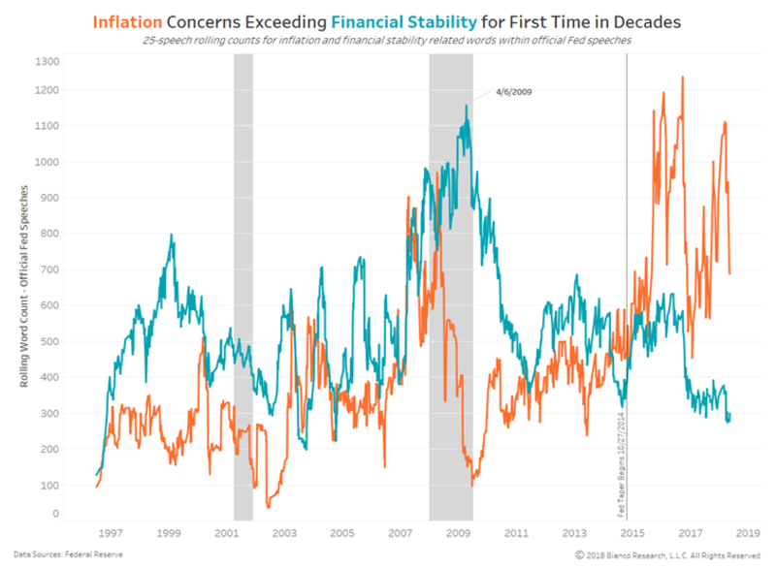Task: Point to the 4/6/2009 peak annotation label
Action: pos(513,92)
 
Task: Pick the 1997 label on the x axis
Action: pos(110,533)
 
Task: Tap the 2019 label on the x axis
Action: pos(748,533)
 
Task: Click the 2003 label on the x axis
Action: pos(284,533)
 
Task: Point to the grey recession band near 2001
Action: pos(242,291)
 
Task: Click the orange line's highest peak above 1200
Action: pos(683,78)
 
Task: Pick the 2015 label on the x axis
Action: pos(632,533)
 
